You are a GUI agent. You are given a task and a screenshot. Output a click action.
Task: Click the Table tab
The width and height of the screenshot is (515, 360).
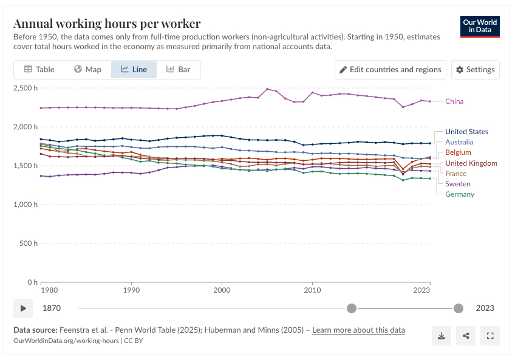39,69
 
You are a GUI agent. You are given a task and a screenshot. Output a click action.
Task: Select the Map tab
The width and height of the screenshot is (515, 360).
87,69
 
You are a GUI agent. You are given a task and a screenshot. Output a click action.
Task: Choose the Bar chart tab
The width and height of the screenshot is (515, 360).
179,69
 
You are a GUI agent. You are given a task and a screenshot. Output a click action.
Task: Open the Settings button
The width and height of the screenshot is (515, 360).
476,69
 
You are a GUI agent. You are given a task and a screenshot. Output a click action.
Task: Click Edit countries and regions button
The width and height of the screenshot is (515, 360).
390,69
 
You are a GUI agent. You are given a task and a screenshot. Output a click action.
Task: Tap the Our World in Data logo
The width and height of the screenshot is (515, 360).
480,26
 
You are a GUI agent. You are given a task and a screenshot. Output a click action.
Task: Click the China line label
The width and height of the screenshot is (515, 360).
454,101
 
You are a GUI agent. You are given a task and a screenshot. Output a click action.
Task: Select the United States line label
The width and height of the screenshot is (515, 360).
466,132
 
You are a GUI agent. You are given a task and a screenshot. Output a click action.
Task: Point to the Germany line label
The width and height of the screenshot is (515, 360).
460,194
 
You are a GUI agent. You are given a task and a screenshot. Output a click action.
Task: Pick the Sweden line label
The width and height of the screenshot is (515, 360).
457,184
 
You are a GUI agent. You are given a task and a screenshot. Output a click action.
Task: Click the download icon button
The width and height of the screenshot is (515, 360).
442,335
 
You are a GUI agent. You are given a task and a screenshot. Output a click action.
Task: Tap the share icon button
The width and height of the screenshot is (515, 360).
466,335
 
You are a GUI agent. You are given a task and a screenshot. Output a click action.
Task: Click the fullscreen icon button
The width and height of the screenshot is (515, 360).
489,335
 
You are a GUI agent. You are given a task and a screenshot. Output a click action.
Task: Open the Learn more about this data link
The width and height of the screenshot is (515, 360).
358,330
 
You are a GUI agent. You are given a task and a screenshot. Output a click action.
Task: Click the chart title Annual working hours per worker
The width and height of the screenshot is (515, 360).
107,24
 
